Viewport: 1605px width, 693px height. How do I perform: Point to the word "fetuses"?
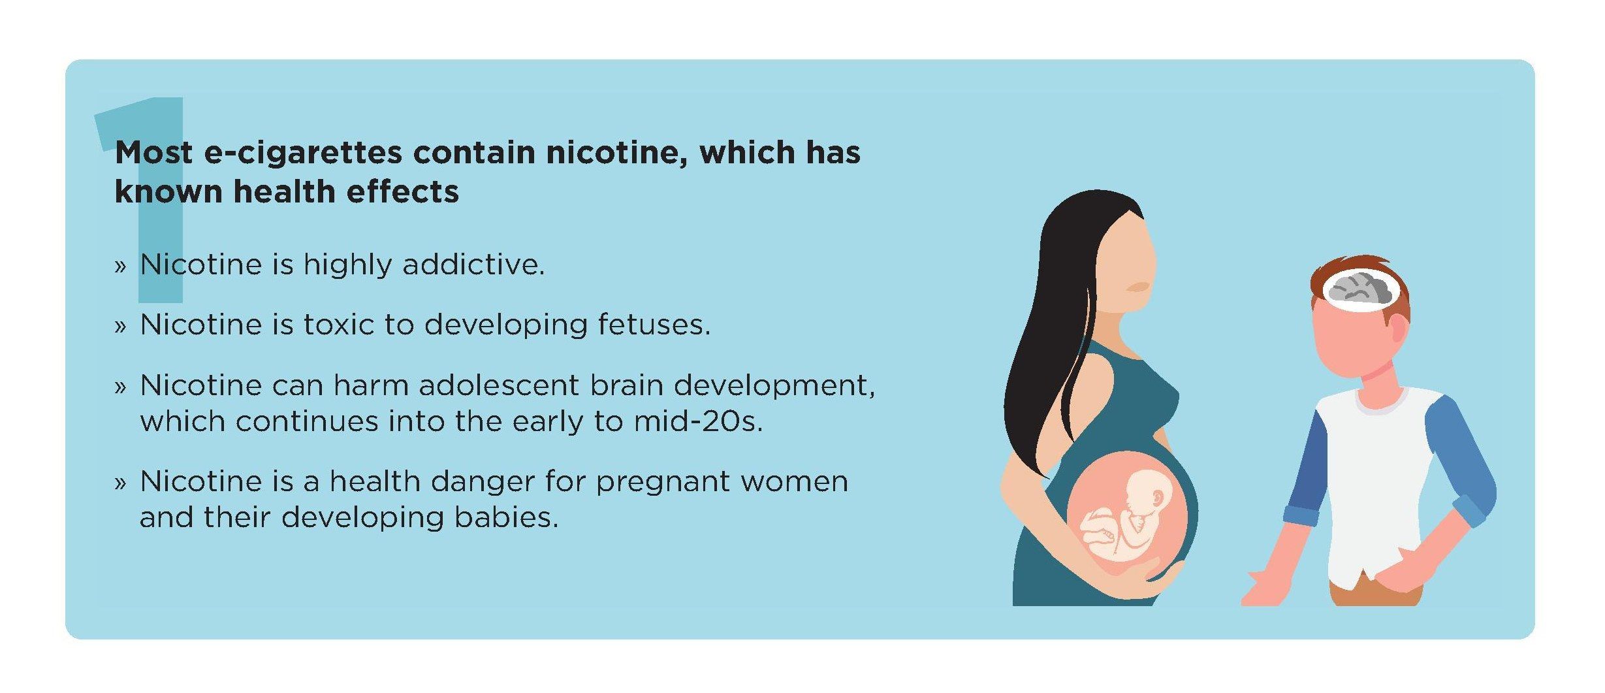click(654, 325)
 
